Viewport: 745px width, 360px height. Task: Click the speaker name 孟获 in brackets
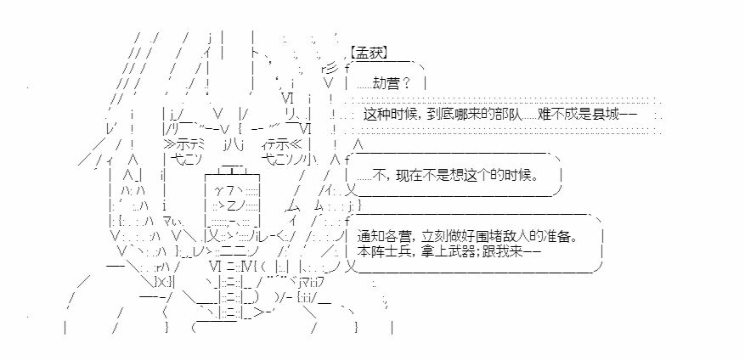pos(369,53)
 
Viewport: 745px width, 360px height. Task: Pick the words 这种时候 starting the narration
pos(387,115)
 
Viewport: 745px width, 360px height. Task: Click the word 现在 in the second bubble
pos(410,176)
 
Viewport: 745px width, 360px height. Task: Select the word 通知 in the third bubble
pos(369,237)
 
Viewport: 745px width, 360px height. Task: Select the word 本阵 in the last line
pos(369,252)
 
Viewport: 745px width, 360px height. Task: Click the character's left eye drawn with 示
pos(188,143)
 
